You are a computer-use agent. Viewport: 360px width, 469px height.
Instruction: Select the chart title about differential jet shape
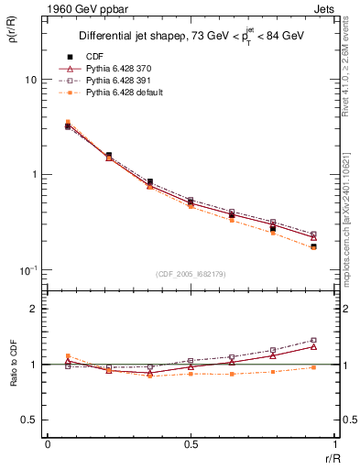[192, 36]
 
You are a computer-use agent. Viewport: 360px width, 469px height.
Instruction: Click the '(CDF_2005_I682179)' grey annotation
[191, 273]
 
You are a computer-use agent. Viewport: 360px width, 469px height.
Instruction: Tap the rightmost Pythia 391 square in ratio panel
[313, 340]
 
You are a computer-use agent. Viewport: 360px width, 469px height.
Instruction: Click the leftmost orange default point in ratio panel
[68, 355]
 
